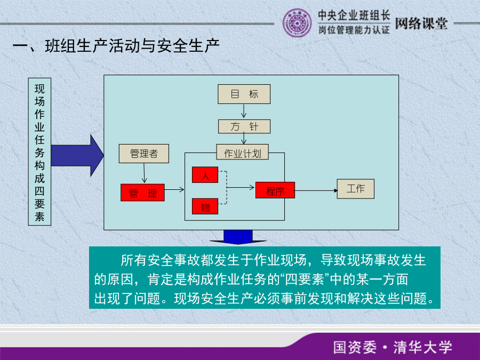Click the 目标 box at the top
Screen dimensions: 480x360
[244, 94]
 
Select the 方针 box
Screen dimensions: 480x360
[244, 126]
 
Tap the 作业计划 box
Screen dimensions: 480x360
[243, 152]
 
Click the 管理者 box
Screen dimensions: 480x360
[144, 154]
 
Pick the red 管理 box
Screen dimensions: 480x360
[142, 193]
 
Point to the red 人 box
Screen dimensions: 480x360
[205, 175]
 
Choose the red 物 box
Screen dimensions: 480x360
[205, 206]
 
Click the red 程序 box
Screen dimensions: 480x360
[275, 190]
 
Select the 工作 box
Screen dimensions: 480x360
[355, 189]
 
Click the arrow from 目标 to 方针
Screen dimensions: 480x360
[244, 111]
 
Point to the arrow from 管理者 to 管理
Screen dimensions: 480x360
[144, 173]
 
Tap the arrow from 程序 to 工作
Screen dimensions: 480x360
[316, 190]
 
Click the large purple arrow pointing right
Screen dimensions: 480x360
[77, 156]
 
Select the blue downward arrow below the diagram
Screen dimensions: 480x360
[238, 237]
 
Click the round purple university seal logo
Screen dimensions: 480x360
[297, 23]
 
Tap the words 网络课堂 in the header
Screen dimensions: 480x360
[421, 23]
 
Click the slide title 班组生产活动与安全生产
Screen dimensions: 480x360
[132, 46]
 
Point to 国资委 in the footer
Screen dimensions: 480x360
[355, 347]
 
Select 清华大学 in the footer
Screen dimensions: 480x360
[423, 347]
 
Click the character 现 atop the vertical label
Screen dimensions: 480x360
[39, 89]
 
